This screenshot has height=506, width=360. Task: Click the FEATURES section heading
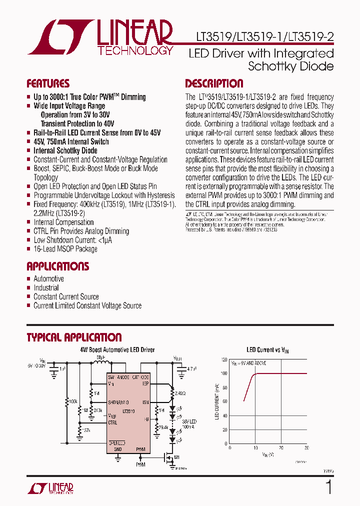pyautogui.click(x=48, y=83)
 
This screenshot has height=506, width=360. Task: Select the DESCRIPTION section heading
pyautogui.click(x=214, y=83)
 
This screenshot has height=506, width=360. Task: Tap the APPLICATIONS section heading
pyautogui.click(x=57, y=266)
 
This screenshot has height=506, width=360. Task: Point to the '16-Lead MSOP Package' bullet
pyautogui.click(x=65, y=248)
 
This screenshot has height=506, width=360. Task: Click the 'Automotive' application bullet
pyautogui.click(x=48, y=278)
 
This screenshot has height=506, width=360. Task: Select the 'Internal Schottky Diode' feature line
pyautogui.click(x=65, y=150)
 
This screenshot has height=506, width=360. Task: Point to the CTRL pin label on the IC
pyautogui.click(x=113, y=422)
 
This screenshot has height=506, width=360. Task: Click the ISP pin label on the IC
pyautogui.click(x=145, y=383)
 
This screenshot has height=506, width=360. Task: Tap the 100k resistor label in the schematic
pyautogui.click(x=73, y=401)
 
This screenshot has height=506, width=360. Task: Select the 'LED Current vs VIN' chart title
pyautogui.click(x=267, y=350)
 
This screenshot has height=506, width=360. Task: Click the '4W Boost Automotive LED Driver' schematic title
pyautogui.click(x=117, y=350)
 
